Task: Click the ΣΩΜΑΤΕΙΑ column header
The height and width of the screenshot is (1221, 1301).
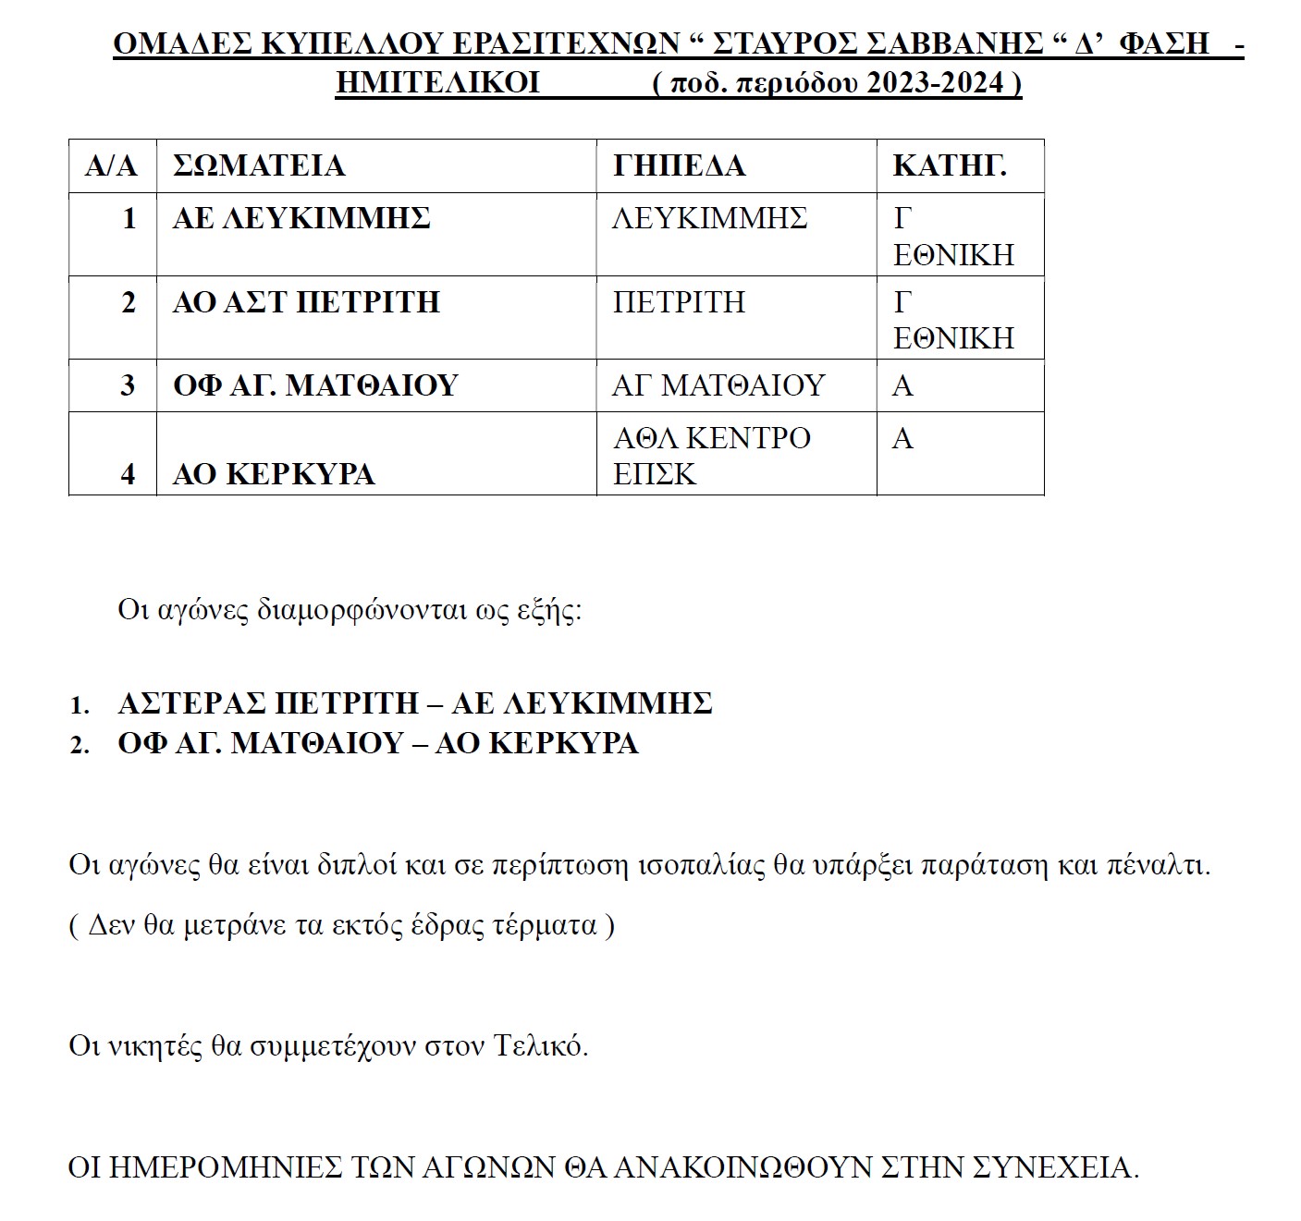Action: tap(259, 166)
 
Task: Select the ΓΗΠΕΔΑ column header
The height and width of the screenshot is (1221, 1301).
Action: tap(679, 166)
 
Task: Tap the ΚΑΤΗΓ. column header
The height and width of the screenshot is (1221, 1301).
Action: tap(950, 166)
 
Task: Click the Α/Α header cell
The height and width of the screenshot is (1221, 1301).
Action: tap(111, 166)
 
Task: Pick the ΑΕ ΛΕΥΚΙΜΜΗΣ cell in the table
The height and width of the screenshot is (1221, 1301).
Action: tap(301, 219)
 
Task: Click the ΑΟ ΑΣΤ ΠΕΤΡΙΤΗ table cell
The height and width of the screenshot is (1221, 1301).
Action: tap(306, 302)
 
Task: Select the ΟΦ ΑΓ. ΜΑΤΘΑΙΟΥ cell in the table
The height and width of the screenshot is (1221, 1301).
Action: tap(315, 385)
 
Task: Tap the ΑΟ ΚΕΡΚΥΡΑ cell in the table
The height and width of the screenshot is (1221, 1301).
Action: tap(274, 474)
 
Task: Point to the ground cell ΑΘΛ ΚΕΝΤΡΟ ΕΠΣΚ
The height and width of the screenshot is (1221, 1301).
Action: tap(711, 455)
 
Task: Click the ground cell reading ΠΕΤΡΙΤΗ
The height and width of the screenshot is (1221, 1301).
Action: tap(679, 302)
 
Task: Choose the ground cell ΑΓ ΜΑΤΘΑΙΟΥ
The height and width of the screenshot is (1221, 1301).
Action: tap(718, 385)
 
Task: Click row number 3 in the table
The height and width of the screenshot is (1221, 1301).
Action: tap(128, 385)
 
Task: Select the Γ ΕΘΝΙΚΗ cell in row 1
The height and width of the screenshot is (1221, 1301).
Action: tap(953, 236)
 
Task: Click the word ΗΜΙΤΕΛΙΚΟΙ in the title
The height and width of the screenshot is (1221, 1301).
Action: tap(437, 83)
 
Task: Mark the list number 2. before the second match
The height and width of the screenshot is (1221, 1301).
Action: tap(80, 745)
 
